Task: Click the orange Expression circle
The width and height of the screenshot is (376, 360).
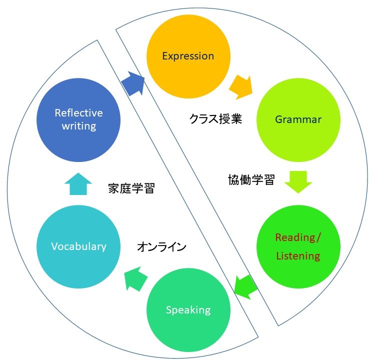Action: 188,55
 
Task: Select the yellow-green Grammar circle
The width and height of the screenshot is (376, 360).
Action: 298,119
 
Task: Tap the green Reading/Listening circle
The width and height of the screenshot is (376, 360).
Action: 298,246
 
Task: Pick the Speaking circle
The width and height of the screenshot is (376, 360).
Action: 188,309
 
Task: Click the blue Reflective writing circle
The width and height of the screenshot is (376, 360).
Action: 78,119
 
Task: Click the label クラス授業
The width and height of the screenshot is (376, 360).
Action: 215,119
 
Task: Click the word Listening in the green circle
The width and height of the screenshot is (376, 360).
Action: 298,256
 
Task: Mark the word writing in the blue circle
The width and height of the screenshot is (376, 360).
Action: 78,125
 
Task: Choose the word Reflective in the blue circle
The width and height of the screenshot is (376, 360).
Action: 78,112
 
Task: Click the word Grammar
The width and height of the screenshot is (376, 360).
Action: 298,119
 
